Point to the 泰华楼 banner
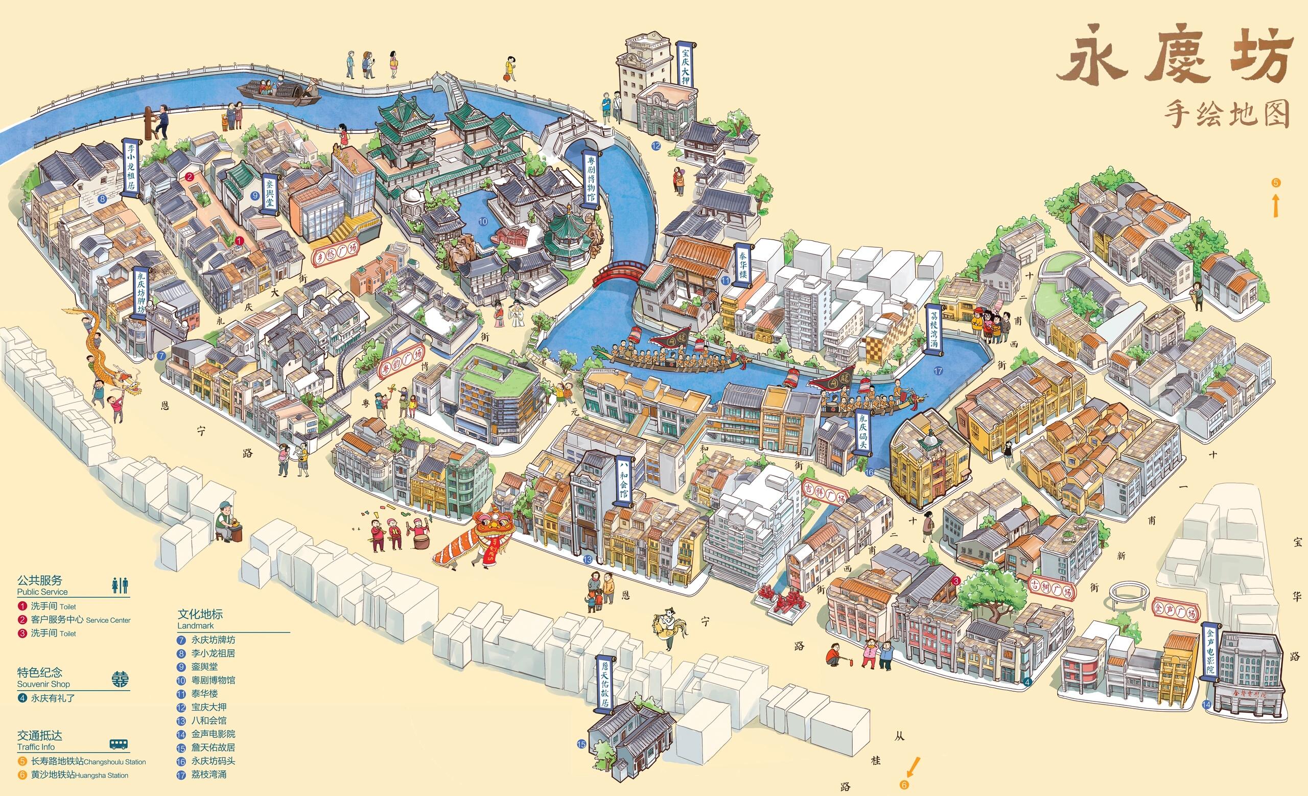coord(742,265)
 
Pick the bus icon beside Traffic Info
coord(120,744)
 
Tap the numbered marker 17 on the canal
coord(938,371)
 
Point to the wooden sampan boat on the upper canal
coord(278,91)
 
